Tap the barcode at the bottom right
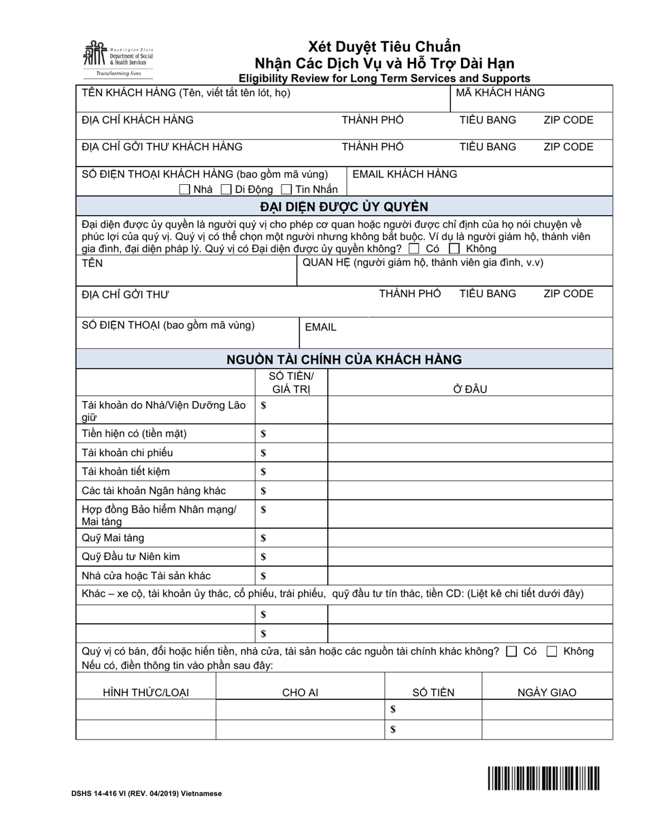pos(543,778)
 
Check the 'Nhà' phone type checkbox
pos(184,190)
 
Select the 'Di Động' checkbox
pos(226,190)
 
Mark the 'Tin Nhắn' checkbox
pos(286,190)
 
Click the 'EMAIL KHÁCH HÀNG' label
pos(405,174)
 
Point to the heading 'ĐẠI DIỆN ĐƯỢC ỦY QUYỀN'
pos(344,207)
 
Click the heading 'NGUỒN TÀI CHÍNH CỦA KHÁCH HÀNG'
pos(344,360)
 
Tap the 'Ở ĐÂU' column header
pos(470,389)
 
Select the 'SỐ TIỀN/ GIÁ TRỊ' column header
pos(291,383)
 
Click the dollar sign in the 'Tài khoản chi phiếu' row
pos(264,453)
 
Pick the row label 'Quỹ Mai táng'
pos(113,538)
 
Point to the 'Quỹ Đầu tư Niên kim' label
pos(131,557)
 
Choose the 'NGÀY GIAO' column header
pos(546,693)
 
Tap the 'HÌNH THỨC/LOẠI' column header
pos(146,693)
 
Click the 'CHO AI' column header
pos(300,693)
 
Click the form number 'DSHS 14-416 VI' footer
pos(146,793)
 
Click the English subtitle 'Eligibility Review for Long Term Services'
pos(384,78)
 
